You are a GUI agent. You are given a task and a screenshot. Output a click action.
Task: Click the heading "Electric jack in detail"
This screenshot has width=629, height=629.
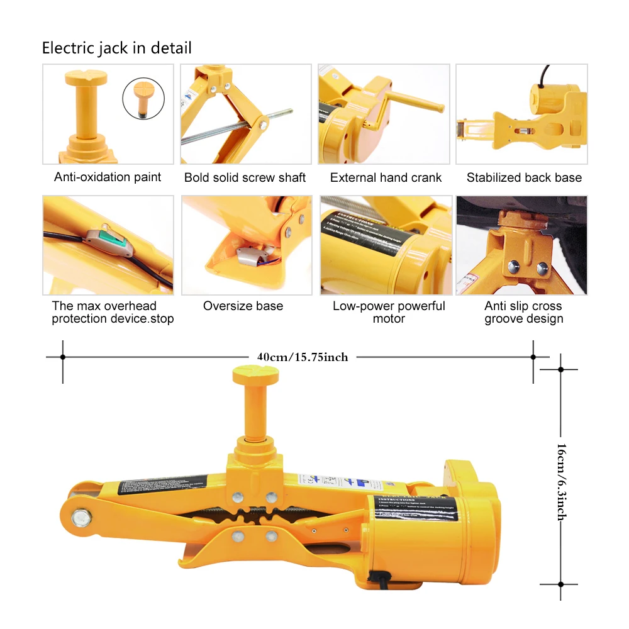click(116, 48)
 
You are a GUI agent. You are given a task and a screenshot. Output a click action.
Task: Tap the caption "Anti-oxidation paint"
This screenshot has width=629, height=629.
click(108, 177)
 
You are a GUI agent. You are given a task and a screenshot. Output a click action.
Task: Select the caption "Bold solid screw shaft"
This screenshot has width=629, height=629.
click(245, 178)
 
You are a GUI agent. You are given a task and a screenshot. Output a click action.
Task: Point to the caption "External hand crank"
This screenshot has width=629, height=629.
click(386, 178)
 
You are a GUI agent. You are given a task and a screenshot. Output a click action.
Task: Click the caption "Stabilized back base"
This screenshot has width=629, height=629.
click(524, 178)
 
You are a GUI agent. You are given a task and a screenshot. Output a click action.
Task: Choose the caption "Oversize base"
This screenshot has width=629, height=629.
click(243, 306)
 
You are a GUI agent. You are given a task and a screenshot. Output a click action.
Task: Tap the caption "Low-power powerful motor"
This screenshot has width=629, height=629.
click(389, 313)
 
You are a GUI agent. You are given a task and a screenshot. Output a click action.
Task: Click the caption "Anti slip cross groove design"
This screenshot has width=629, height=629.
click(523, 313)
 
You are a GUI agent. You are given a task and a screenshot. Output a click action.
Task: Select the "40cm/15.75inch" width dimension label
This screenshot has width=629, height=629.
click(302, 357)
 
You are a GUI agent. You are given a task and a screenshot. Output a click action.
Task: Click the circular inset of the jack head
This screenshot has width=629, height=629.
click(143, 98)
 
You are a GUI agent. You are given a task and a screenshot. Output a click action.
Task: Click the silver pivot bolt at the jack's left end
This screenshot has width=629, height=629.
click(81, 518)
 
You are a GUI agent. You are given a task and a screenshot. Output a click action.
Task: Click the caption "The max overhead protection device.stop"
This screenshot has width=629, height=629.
click(113, 313)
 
